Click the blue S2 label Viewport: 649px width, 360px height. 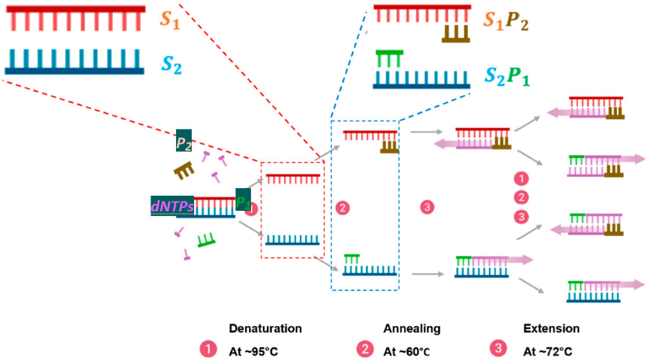pos(170,63)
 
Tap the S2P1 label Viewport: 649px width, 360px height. pos(507,75)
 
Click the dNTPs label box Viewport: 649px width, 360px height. pos(172,206)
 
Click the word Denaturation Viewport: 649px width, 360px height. pos(266,329)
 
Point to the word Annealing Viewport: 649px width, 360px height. pos(412,329)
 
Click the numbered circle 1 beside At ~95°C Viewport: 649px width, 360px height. pos(207,349)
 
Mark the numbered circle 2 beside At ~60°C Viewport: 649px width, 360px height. pos(364,349)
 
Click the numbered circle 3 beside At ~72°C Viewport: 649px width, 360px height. pos(499,349)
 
